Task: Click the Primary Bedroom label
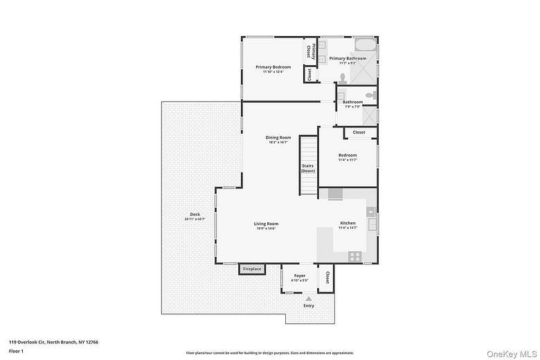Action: tap(273, 67)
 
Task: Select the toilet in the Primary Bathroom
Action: tap(342, 78)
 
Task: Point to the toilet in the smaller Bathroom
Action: tap(370, 95)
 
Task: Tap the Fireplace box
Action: tap(252, 269)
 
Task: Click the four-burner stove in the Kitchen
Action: tap(354, 256)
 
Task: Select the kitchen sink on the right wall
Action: tap(372, 224)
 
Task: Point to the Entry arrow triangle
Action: tap(309, 298)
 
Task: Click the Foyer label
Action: tap(300, 276)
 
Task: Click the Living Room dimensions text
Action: tap(266, 228)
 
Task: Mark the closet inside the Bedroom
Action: tap(359, 132)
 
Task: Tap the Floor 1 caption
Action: tap(16, 352)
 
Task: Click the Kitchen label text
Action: tap(348, 223)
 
